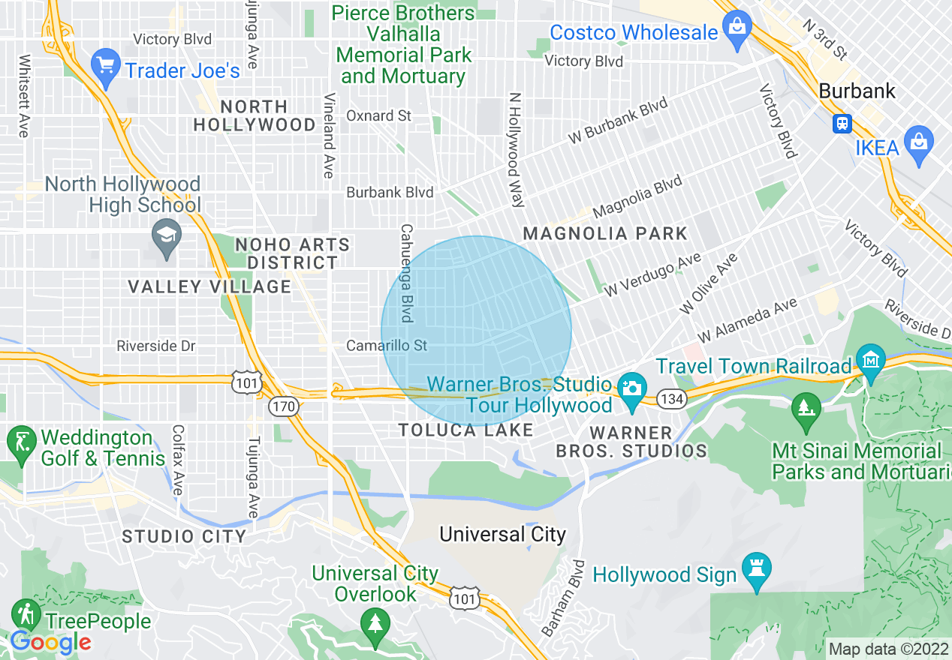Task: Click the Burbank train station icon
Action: point(842,123)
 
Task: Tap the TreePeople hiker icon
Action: point(26,614)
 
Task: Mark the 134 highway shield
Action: point(671,399)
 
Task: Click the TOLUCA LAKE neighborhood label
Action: point(465,430)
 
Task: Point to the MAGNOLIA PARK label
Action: point(605,233)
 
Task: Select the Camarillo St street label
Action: point(386,346)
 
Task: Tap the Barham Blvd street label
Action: point(563,598)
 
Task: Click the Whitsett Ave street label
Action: point(25,95)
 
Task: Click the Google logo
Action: point(50,642)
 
